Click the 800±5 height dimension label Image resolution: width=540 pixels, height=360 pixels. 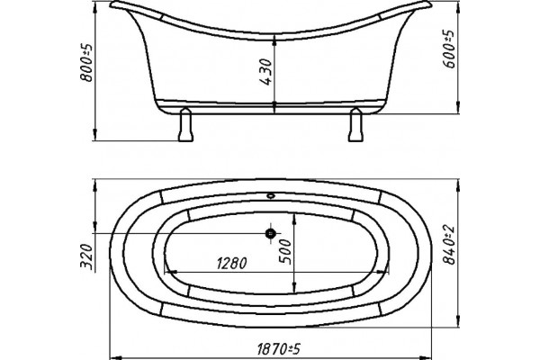(86, 62)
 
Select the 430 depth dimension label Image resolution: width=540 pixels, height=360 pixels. (265, 72)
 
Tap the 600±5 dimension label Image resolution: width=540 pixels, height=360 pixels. (448, 49)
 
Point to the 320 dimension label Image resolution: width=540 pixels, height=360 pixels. (86, 256)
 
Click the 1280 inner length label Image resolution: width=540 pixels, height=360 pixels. (232, 263)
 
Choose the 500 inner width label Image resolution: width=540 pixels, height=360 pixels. (285, 252)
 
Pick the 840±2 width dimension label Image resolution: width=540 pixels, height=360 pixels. (448, 246)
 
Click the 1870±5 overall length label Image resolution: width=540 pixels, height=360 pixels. (279, 349)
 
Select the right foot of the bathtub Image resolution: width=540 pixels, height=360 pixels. (355, 124)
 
